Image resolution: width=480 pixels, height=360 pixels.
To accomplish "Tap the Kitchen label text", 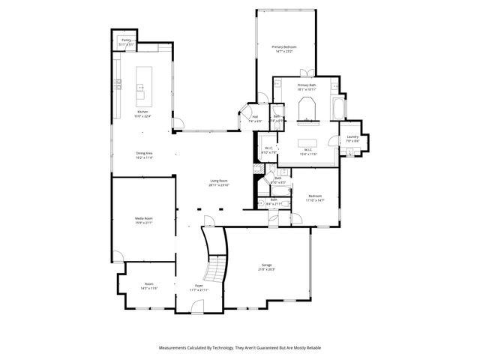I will pyautogui.click(x=142, y=112).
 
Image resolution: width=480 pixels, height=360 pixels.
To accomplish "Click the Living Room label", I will pyautogui.click(x=218, y=181).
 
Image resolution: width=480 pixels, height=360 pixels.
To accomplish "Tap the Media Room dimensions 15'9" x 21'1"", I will pyautogui.click(x=143, y=223).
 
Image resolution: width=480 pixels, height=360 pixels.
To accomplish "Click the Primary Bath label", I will pyautogui.click(x=307, y=85).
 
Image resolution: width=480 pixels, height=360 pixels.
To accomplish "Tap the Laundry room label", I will pyautogui.click(x=352, y=136).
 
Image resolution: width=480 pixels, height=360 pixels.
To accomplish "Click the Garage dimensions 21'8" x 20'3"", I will pyautogui.click(x=266, y=268).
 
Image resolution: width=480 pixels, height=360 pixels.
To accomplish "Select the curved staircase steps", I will pyautogui.click(x=213, y=259).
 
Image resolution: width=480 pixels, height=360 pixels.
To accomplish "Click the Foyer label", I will pyautogui.click(x=199, y=286).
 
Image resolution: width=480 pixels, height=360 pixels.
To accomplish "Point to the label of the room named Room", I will pyautogui.click(x=149, y=284).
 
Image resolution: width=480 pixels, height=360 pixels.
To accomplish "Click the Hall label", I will pyautogui.click(x=255, y=117).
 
